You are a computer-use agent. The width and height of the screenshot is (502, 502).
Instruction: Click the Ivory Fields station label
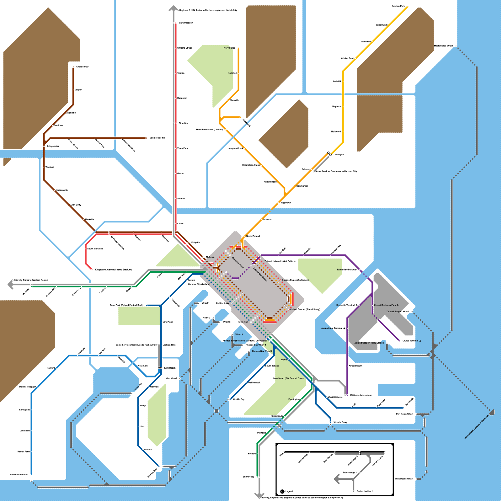tap(229, 48)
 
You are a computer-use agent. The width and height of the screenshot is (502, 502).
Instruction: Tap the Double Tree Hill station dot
tap(146, 138)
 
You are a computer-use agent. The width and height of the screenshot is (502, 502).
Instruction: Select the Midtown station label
tap(210, 257)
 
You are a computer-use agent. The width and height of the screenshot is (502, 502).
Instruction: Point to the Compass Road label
tap(238, 263)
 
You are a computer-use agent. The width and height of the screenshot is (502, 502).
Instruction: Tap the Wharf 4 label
tap(239, 334)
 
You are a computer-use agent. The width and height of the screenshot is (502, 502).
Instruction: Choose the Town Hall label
tap(243, 322)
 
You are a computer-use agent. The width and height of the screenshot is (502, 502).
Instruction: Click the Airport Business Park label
tap(385, 305)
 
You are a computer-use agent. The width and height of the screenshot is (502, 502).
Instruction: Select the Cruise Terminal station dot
tap(399, 341)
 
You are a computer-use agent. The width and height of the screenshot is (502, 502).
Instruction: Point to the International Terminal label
tap(331, 328)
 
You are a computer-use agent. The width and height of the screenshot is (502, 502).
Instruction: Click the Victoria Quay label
tap(340, 422)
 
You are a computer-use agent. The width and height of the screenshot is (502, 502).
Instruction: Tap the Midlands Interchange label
tap(361, 395)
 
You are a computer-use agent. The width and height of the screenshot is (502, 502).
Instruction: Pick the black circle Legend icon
tap(282, 492)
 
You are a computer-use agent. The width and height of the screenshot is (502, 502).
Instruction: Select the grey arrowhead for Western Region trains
tap(10, 285)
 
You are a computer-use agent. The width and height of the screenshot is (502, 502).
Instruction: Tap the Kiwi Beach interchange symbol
tap(160, 368)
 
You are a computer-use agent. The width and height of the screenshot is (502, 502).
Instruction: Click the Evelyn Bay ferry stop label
tap(138, 387)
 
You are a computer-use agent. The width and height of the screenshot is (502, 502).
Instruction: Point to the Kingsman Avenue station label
tap(113, 270)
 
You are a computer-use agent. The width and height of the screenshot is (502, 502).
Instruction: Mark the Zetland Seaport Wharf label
tap(398, 312)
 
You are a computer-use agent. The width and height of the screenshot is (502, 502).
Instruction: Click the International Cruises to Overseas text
tap(476, 427)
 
